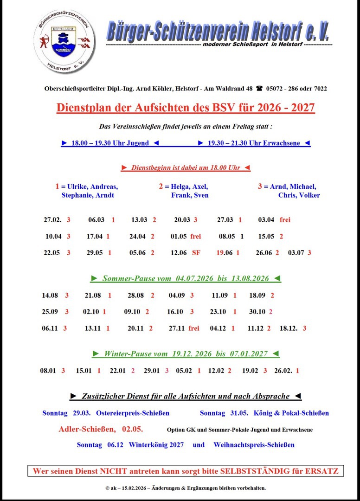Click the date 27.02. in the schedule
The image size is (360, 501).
click(52, 220)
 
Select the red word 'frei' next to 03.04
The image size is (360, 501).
click(285, 220)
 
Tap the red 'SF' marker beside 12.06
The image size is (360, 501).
click(196, 253)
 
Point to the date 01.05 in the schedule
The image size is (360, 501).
click(179, 237)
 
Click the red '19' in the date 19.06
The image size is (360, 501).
click(220, 253)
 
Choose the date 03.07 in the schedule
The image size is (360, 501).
click(296, 253)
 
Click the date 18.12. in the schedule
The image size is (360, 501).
click(288, 328)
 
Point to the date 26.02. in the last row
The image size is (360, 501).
click(283, 371)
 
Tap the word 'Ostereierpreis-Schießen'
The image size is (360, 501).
click(133, 413)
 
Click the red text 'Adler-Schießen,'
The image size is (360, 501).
click(87, 429)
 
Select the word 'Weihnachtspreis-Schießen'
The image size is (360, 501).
click(254, 445)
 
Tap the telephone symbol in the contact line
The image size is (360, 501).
click(259, 88)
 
